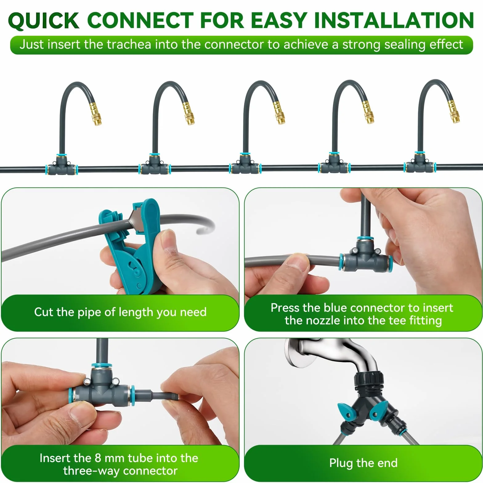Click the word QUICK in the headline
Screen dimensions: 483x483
44,21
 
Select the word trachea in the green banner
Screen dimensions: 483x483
129,45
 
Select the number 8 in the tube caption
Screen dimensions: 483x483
98,458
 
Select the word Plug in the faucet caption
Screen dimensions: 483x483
341,463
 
